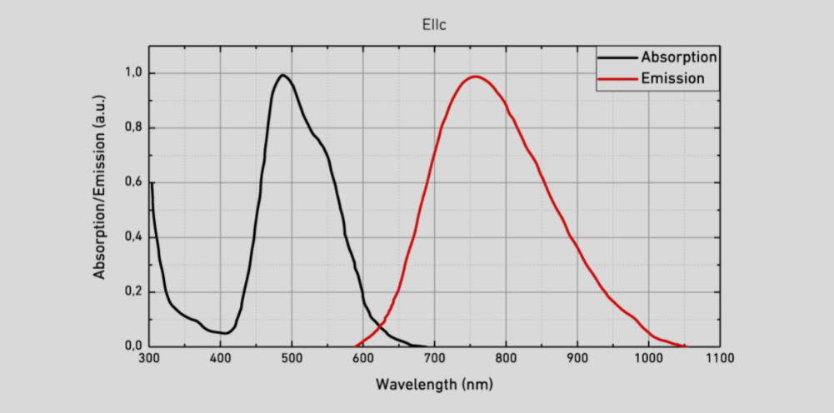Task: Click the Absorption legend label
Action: [x=679, y=57]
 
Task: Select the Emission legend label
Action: [x=672, y=79]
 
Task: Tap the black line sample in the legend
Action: [x=617, y=57]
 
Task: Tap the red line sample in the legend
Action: [x=617, y=79]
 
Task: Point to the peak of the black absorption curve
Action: [x=283, y=76]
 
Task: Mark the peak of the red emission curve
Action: [x=475, y=77]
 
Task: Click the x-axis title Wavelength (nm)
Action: [x=434, y=385]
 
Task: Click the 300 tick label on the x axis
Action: [x=149, y=360]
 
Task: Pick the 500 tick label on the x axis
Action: [x=292, y=360]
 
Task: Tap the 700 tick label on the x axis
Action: [x=434, y=360]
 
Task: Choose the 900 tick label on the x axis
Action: [x=577, y=360]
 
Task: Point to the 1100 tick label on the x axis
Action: [x=718, y=360]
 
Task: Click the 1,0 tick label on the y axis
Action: [x=132, y=73]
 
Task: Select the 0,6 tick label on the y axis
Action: [x=132, y=182]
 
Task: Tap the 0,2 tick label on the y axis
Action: [x=132, y=291]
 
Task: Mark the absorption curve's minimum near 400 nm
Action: [x=225, y=333]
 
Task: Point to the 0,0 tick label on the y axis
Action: [x=132, y=346]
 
